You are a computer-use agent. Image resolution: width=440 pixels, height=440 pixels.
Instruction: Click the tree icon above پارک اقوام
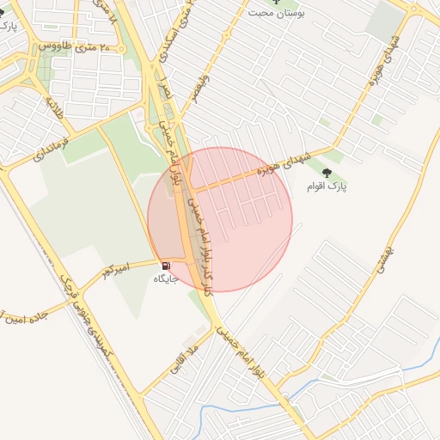[x=325, y=173]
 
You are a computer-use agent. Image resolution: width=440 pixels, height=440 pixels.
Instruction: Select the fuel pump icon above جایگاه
[x=165, y=266]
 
